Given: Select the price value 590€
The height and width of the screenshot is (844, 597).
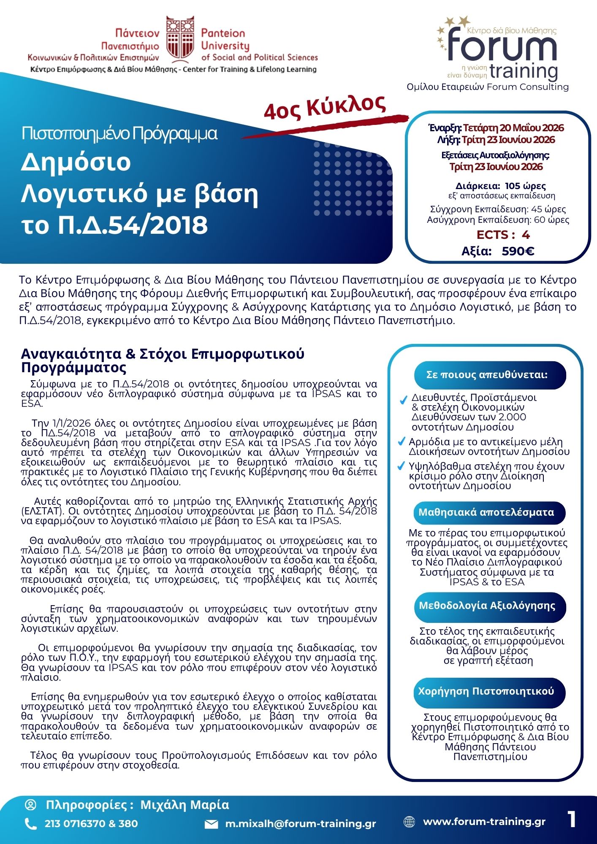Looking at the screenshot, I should click(518, 252).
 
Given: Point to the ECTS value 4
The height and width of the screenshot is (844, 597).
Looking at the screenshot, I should click(525, 235).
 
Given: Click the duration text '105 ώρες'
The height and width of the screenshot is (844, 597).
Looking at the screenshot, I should click(525, 186).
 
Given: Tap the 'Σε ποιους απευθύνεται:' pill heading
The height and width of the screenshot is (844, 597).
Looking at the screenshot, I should click(490, 375).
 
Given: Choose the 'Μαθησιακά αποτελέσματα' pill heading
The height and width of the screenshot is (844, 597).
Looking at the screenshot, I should click(490, 512).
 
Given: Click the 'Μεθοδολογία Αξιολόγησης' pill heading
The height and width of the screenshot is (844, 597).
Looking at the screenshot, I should click(490, 606).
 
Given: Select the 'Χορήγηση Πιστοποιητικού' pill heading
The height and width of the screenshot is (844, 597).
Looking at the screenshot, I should click(490, 691).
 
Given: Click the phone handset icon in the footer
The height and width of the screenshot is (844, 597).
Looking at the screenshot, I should click(31, 824).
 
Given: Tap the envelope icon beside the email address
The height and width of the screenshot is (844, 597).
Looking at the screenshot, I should click(211, 824).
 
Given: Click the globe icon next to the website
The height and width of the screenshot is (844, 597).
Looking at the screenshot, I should click(409, 822).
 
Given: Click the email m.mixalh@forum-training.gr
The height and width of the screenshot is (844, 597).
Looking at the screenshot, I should click(300, 824).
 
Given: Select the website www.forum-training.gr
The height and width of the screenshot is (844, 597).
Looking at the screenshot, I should click(484, 822).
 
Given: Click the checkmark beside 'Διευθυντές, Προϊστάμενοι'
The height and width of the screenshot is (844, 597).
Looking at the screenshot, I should click(403, 400).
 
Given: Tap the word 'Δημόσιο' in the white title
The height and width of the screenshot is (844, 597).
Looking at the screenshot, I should click(76, 162).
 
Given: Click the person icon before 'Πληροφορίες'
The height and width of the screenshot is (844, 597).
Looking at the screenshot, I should click(31, 805).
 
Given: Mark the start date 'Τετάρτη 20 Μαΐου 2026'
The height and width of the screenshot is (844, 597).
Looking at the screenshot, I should click(513, 128).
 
